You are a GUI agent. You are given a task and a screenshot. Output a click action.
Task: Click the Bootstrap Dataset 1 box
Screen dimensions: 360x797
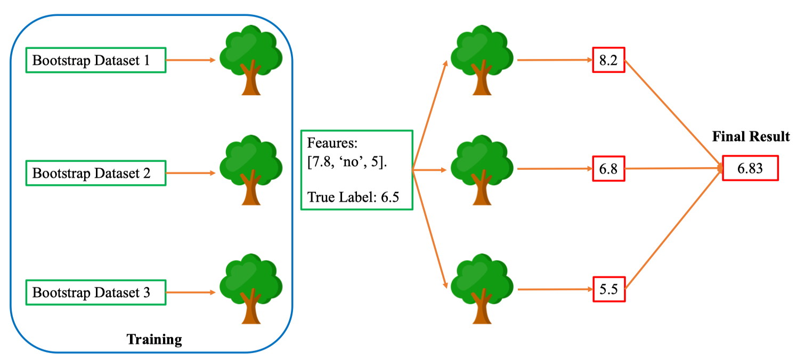[x=96, y=60]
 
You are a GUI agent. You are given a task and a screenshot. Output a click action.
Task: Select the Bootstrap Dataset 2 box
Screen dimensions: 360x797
[x=96, y=173]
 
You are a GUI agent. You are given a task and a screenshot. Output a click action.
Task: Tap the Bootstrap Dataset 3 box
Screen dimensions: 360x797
[x=96, y=292]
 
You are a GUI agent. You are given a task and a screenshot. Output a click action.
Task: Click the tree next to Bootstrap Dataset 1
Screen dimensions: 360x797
[x=251, y=60]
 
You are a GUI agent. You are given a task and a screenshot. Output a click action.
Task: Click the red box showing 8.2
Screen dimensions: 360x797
[x=608, y=60]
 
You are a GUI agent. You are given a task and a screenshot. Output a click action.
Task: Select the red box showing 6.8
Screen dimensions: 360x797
[x=608, y=169]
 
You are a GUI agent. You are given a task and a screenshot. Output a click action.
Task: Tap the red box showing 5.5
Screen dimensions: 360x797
[x=608, y=289]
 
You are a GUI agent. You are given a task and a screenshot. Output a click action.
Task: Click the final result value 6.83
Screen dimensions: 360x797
[x=750, y=168]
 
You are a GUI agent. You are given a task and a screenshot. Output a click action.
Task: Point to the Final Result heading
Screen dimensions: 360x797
[x=751, y=137]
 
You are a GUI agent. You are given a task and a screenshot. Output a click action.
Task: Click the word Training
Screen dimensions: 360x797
[x=154, y=339]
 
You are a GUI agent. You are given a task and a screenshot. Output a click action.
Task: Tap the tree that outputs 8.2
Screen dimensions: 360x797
[x=482, y=60]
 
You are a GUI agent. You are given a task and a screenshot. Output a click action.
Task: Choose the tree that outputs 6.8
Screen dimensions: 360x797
[x=482, y=170]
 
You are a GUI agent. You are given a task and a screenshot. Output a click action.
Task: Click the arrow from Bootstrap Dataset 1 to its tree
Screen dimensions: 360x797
[x=191, y=60]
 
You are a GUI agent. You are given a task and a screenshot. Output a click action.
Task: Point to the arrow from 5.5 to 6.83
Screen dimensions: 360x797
[x=672, y=229]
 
